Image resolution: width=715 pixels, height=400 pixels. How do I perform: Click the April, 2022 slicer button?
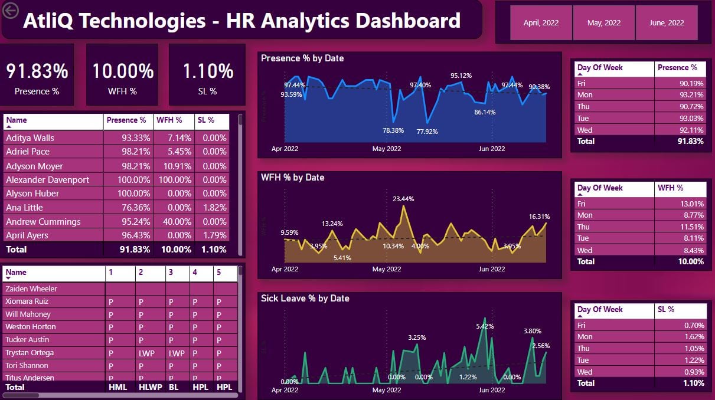click(541, 23)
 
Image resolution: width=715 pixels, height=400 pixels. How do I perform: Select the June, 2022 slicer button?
click(666, 23)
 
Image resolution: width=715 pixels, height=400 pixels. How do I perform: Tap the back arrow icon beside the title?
click(11, 10)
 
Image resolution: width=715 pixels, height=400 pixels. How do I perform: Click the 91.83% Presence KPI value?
click(37, 71)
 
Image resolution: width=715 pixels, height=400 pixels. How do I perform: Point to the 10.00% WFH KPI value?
click(123, 71)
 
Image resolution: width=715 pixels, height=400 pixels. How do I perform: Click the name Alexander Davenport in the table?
click(47, 180)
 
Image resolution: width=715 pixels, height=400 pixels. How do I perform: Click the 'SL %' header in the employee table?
click(207, 120)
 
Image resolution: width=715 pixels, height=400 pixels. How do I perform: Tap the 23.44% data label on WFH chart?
click(403, 199)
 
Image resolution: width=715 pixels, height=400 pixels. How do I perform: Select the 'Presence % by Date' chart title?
click(302, 58)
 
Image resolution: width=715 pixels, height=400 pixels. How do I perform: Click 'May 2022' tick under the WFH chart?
click(387, 269)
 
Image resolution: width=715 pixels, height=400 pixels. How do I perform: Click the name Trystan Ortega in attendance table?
click(30, 353)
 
